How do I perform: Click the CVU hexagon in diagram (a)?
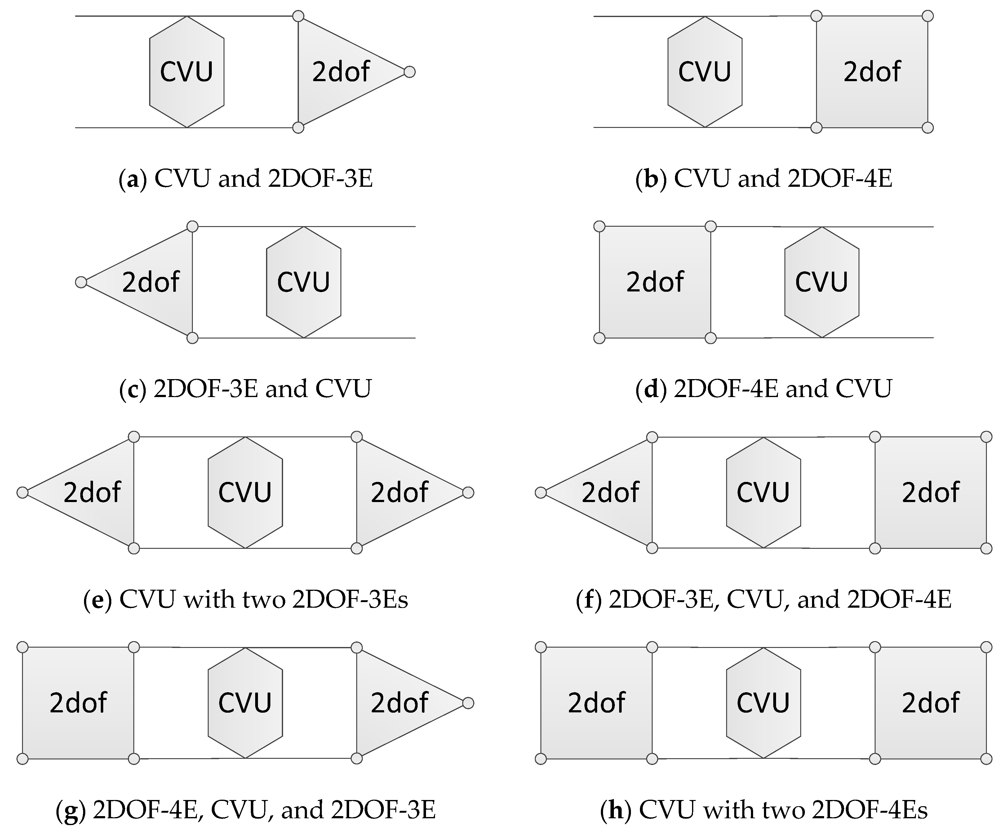click(187, 72)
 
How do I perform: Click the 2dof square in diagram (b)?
click(872, 72)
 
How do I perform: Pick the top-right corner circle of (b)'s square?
click(928, 16)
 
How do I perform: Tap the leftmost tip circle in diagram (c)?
click(81, 282)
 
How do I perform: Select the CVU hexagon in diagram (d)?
click(822, 282)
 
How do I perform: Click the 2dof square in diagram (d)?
click(655, 282)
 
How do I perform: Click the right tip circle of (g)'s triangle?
click(468, 702)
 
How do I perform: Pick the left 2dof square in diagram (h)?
click(596, 702)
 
